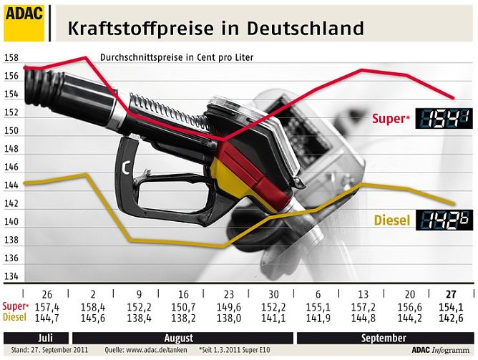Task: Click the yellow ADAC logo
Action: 25,21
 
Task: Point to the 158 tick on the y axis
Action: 11,58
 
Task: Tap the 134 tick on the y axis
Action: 11,277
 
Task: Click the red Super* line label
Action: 391,119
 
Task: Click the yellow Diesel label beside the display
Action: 392,221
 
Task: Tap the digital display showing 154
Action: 444,119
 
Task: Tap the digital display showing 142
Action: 444,221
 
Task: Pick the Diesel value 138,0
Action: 228,317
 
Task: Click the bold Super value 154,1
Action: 450,306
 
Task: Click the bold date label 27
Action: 450,294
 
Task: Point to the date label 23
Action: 228,294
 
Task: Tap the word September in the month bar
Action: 384,338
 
